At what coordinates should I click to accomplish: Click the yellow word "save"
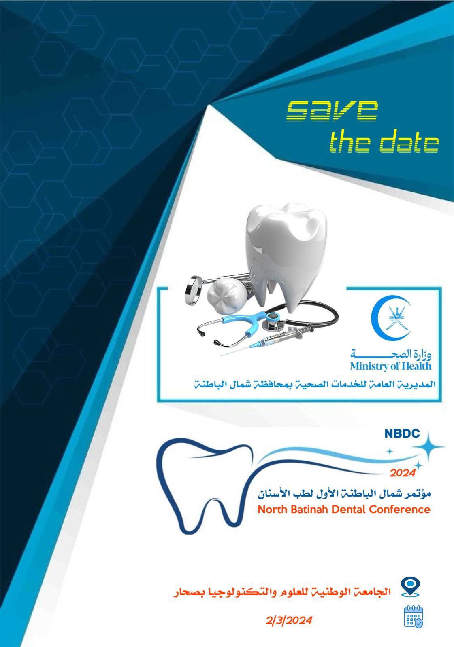point(332,111)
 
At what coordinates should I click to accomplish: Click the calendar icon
point(413,617)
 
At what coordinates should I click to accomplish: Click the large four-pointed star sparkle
point(428,446)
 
